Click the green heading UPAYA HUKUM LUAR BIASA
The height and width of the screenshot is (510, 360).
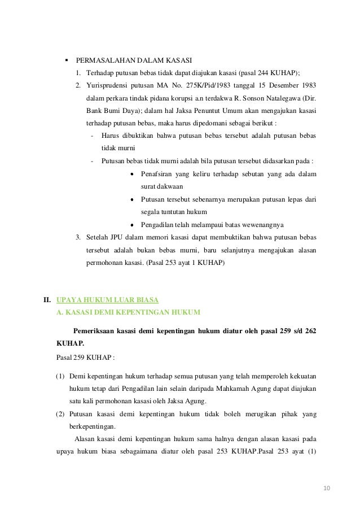(108, 299)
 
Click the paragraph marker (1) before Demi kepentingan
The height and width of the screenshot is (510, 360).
(61, 376)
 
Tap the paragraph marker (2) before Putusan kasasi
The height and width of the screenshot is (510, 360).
(61, 415)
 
